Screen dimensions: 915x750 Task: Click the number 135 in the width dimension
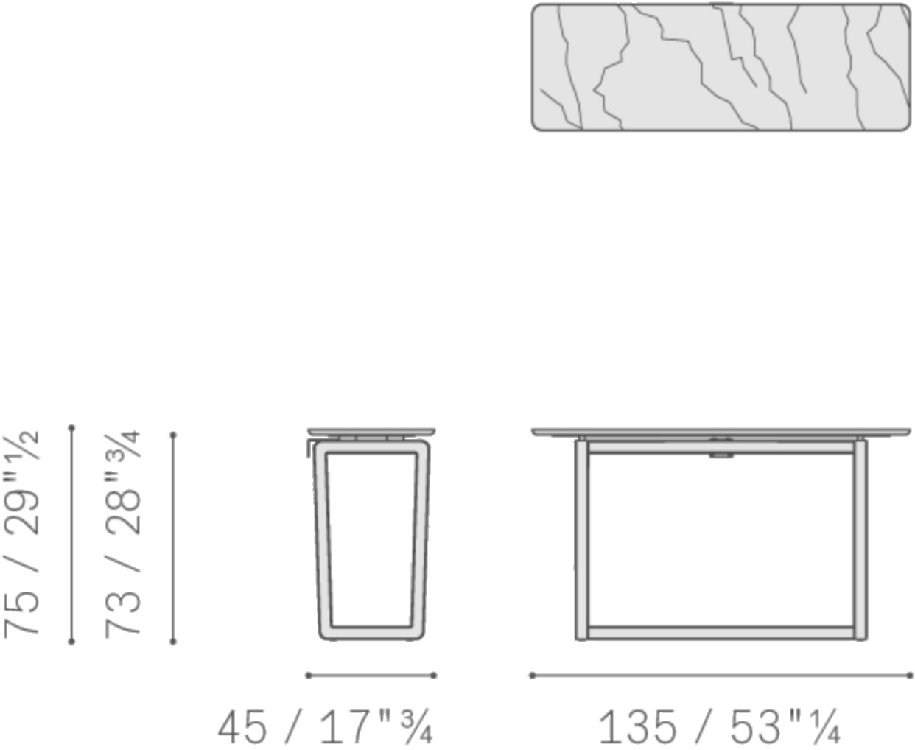coord(637,726)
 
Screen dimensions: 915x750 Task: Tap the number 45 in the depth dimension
coord(242,727)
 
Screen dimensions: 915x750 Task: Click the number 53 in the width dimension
coord(756,726)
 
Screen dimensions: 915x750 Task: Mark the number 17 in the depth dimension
coord(346,727)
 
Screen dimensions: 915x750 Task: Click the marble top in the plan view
coord(721,67)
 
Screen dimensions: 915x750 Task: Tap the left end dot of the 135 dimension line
coord(533,676)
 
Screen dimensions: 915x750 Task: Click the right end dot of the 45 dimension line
coord(433,676)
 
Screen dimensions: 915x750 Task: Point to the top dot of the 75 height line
coord(71,428)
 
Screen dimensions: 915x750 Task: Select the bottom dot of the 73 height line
coord(172,641)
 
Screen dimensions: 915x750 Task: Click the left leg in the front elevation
coord(581,539)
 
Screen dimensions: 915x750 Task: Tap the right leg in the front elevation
coord(860,539)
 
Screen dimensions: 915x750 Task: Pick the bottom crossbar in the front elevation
coord(721,632)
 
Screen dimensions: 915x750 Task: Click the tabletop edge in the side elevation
coord(371,432)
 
